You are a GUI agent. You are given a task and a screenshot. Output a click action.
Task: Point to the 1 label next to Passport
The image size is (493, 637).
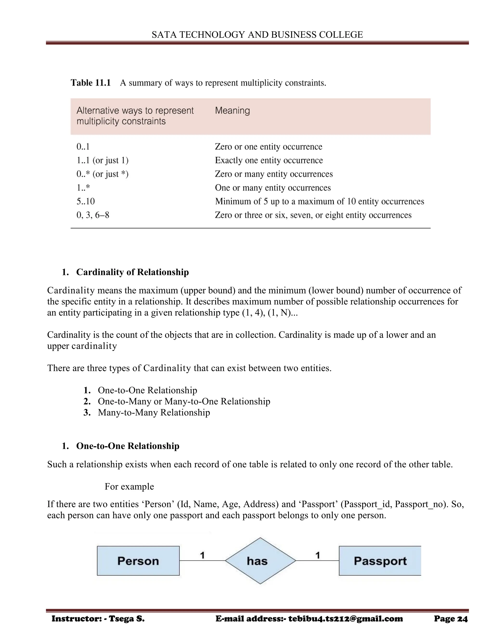coord(318,555)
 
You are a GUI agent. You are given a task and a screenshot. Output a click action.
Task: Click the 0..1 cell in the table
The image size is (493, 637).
coord(83,147)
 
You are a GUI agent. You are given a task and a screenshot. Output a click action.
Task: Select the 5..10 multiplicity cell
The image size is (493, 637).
coord(85,201)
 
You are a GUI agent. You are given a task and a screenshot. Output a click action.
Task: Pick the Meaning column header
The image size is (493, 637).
coord(233,111)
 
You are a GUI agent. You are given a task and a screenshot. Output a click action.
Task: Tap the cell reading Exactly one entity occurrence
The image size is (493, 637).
coord(269,160)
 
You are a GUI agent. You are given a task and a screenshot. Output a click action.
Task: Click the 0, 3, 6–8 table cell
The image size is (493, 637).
coord(93,215)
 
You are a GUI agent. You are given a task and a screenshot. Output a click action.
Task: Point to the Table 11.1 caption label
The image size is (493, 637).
coord(91,83)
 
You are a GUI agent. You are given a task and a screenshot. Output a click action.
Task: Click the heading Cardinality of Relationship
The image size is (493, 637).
coord(132,272)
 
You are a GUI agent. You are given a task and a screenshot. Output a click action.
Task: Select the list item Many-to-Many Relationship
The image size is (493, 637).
coord(154,412)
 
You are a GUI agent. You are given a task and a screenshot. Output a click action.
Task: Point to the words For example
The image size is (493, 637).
coord(129,487)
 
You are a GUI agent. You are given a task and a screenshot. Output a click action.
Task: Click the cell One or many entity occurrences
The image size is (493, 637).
coord(273,188)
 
